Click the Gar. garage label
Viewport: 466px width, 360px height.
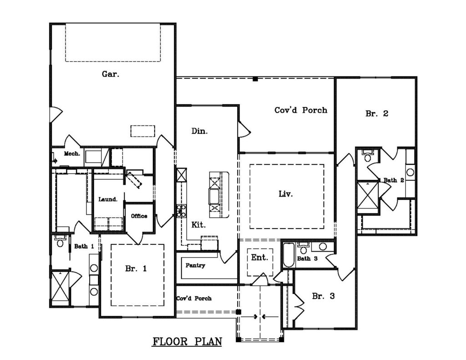tap(111, 74)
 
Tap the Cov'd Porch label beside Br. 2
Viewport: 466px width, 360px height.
tap(301, 110)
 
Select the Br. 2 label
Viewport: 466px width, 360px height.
tap(377, 113)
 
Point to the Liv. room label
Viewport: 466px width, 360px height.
tap(286, 194)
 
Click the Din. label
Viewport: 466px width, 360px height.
tap(199, 131)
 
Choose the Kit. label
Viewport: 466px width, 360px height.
tap(198, 225)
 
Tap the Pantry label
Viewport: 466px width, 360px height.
tap(195, 265)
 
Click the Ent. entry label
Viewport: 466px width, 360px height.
tap(260, 258)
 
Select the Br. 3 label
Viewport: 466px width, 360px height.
tap(324, 296)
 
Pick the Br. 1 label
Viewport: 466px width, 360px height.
tap(136, 269)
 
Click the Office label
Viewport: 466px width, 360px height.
tap(139, 216)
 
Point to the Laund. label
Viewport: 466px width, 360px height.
tap(108, 199)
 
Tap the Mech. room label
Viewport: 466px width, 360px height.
tap(72, 154)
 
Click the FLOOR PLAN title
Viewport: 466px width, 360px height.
tap(187, 342)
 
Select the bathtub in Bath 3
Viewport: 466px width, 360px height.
tap(288, 255)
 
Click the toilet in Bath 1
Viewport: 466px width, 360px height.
tap(60, 242)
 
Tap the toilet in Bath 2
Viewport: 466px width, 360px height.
tap(367, 156)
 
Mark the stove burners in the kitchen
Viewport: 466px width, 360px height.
tap(181, 210)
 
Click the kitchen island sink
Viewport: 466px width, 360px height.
tap(215, 196)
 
